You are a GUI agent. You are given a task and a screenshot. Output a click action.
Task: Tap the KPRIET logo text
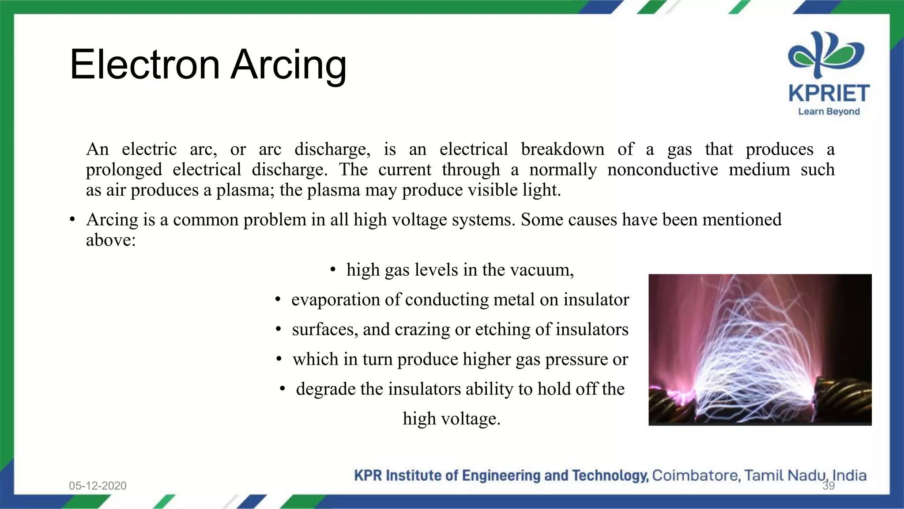tap(829, 93)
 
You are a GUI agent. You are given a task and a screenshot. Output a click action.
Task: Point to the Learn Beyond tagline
tap(829, 112)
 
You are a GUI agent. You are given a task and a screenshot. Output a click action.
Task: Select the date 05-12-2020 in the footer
tap(98, 486)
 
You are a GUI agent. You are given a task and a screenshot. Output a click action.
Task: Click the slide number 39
tap(829, 486)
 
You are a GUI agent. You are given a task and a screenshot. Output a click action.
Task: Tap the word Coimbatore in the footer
tap(695, 475)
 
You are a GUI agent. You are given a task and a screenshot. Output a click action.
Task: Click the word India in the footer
tap(849, 475)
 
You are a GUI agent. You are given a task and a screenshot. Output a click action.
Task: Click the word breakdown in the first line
tap(562, 149)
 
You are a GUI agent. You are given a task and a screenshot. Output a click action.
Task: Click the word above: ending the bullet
tap(111, 240)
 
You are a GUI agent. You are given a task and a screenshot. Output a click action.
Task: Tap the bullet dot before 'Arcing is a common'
tap(72, 220)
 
